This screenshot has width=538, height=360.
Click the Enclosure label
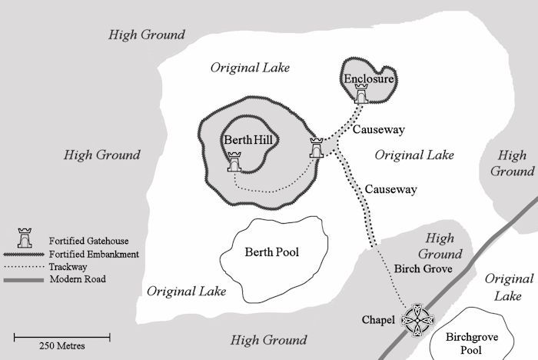369,78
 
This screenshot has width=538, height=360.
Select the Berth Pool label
271,252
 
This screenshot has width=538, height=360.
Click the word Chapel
378,319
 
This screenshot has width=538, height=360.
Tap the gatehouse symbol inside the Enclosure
361,93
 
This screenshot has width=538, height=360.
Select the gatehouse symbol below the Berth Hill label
235,162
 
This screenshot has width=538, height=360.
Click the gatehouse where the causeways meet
316,147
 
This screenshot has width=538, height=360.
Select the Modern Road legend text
78,279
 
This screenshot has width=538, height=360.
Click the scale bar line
62,335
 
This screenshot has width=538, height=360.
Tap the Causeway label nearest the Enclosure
378,130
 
